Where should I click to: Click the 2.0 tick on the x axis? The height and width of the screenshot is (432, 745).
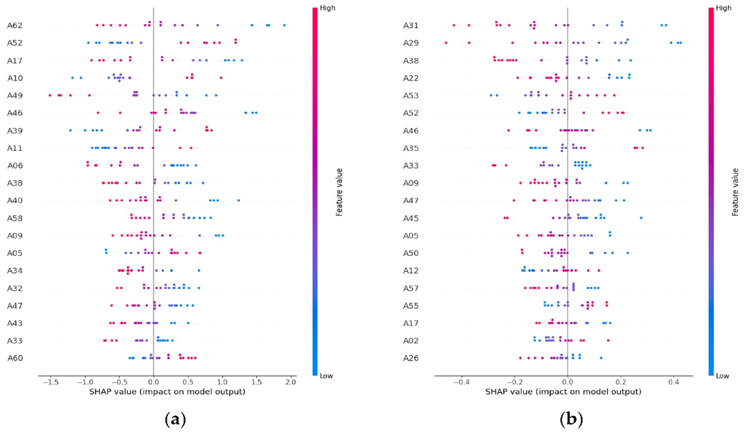290,382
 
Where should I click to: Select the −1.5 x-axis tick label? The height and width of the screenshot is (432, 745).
50,382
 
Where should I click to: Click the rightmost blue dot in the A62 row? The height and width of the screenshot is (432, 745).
285,25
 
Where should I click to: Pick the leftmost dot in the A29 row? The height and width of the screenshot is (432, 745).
446,43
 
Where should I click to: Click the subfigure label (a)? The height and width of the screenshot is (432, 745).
176,419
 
